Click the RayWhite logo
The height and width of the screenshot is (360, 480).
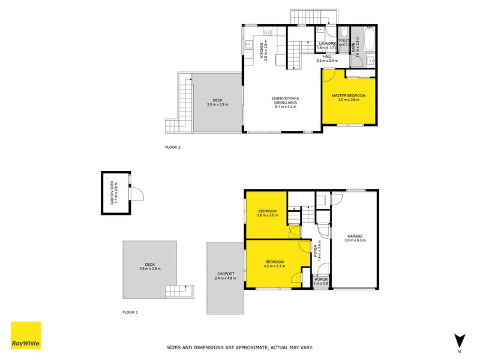[26, 336]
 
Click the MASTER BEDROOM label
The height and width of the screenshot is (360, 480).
[349, 96]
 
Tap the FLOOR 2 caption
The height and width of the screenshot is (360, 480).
[173, 146]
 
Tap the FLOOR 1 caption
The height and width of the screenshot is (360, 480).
[130, 312]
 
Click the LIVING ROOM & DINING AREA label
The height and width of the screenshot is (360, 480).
[286, 100]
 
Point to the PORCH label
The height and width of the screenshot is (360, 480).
[321, 279]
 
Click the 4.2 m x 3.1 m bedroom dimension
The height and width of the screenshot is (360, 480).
[274, 266]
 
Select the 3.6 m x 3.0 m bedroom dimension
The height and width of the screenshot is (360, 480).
[267, 215]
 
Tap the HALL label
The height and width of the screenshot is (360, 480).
[328, 56]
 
